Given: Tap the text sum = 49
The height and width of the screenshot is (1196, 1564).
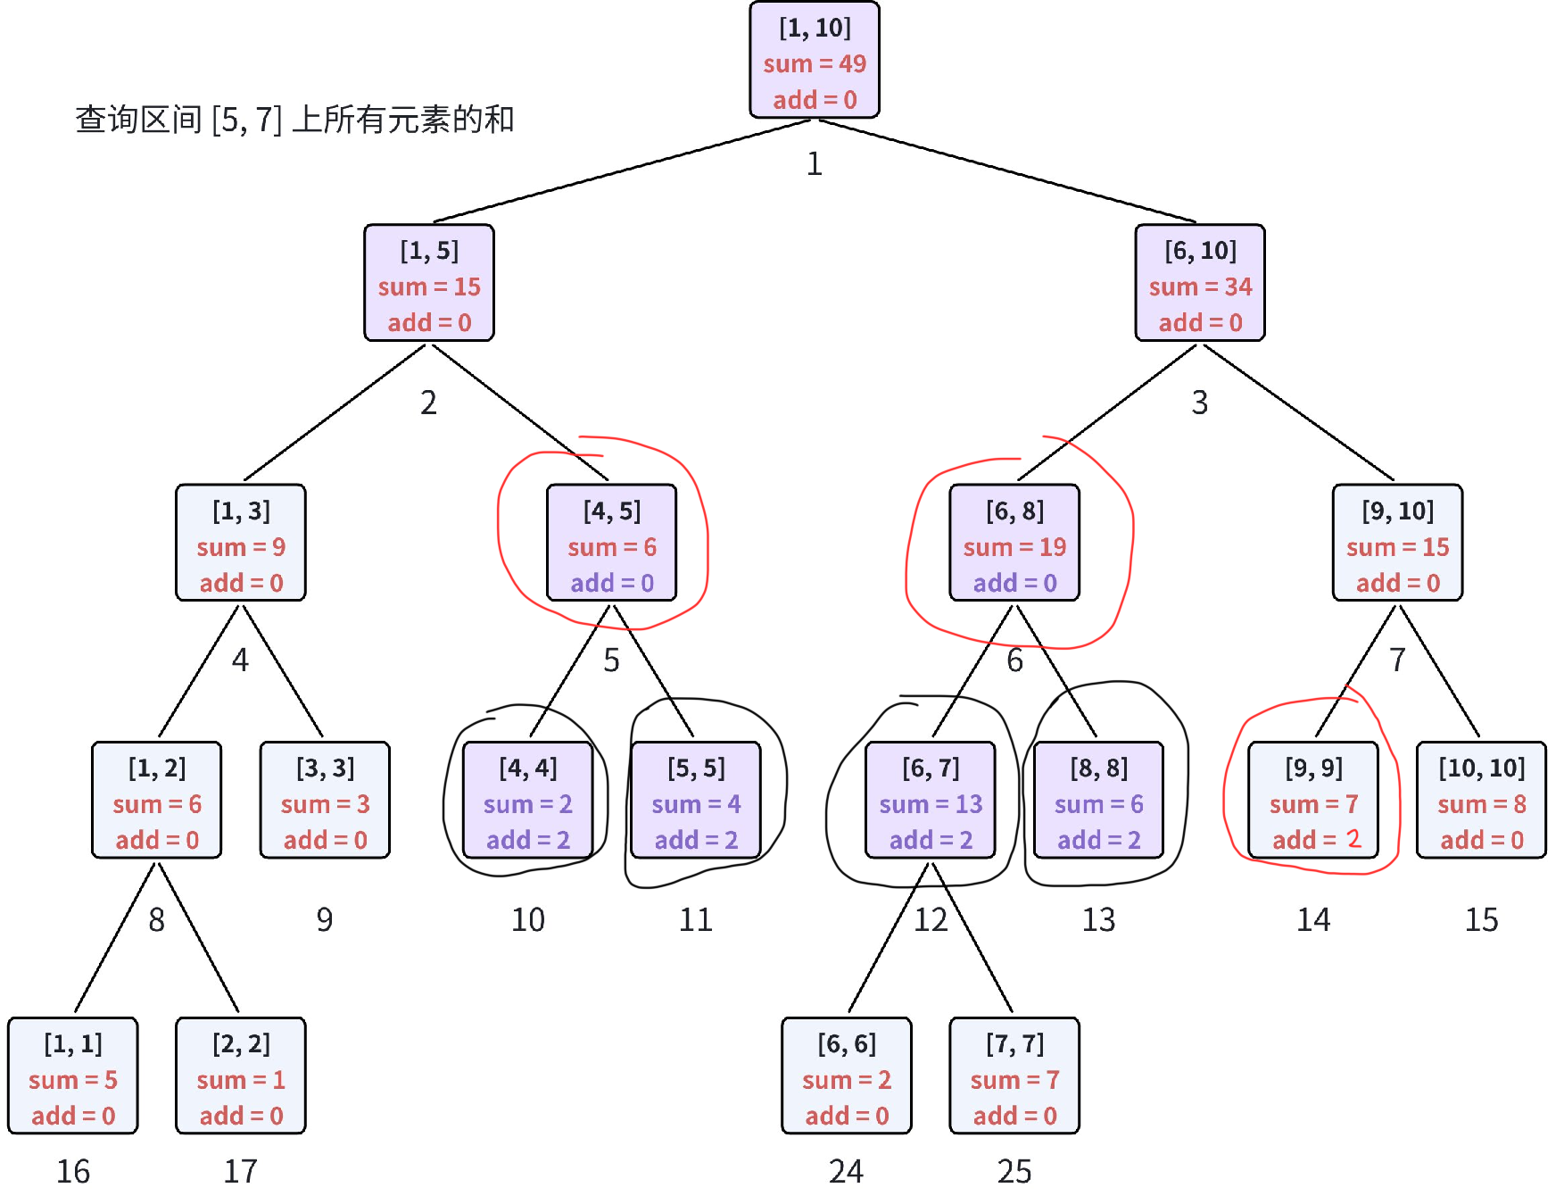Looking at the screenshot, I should coord(814,64).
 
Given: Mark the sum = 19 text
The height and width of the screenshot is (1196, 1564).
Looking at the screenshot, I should coord(1014,547).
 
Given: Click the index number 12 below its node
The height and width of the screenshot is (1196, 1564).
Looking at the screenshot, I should coord(931,919).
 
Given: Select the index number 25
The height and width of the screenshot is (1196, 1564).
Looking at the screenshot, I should coord(1014,1170).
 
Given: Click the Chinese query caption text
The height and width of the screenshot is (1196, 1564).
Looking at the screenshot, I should coord(294,120).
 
